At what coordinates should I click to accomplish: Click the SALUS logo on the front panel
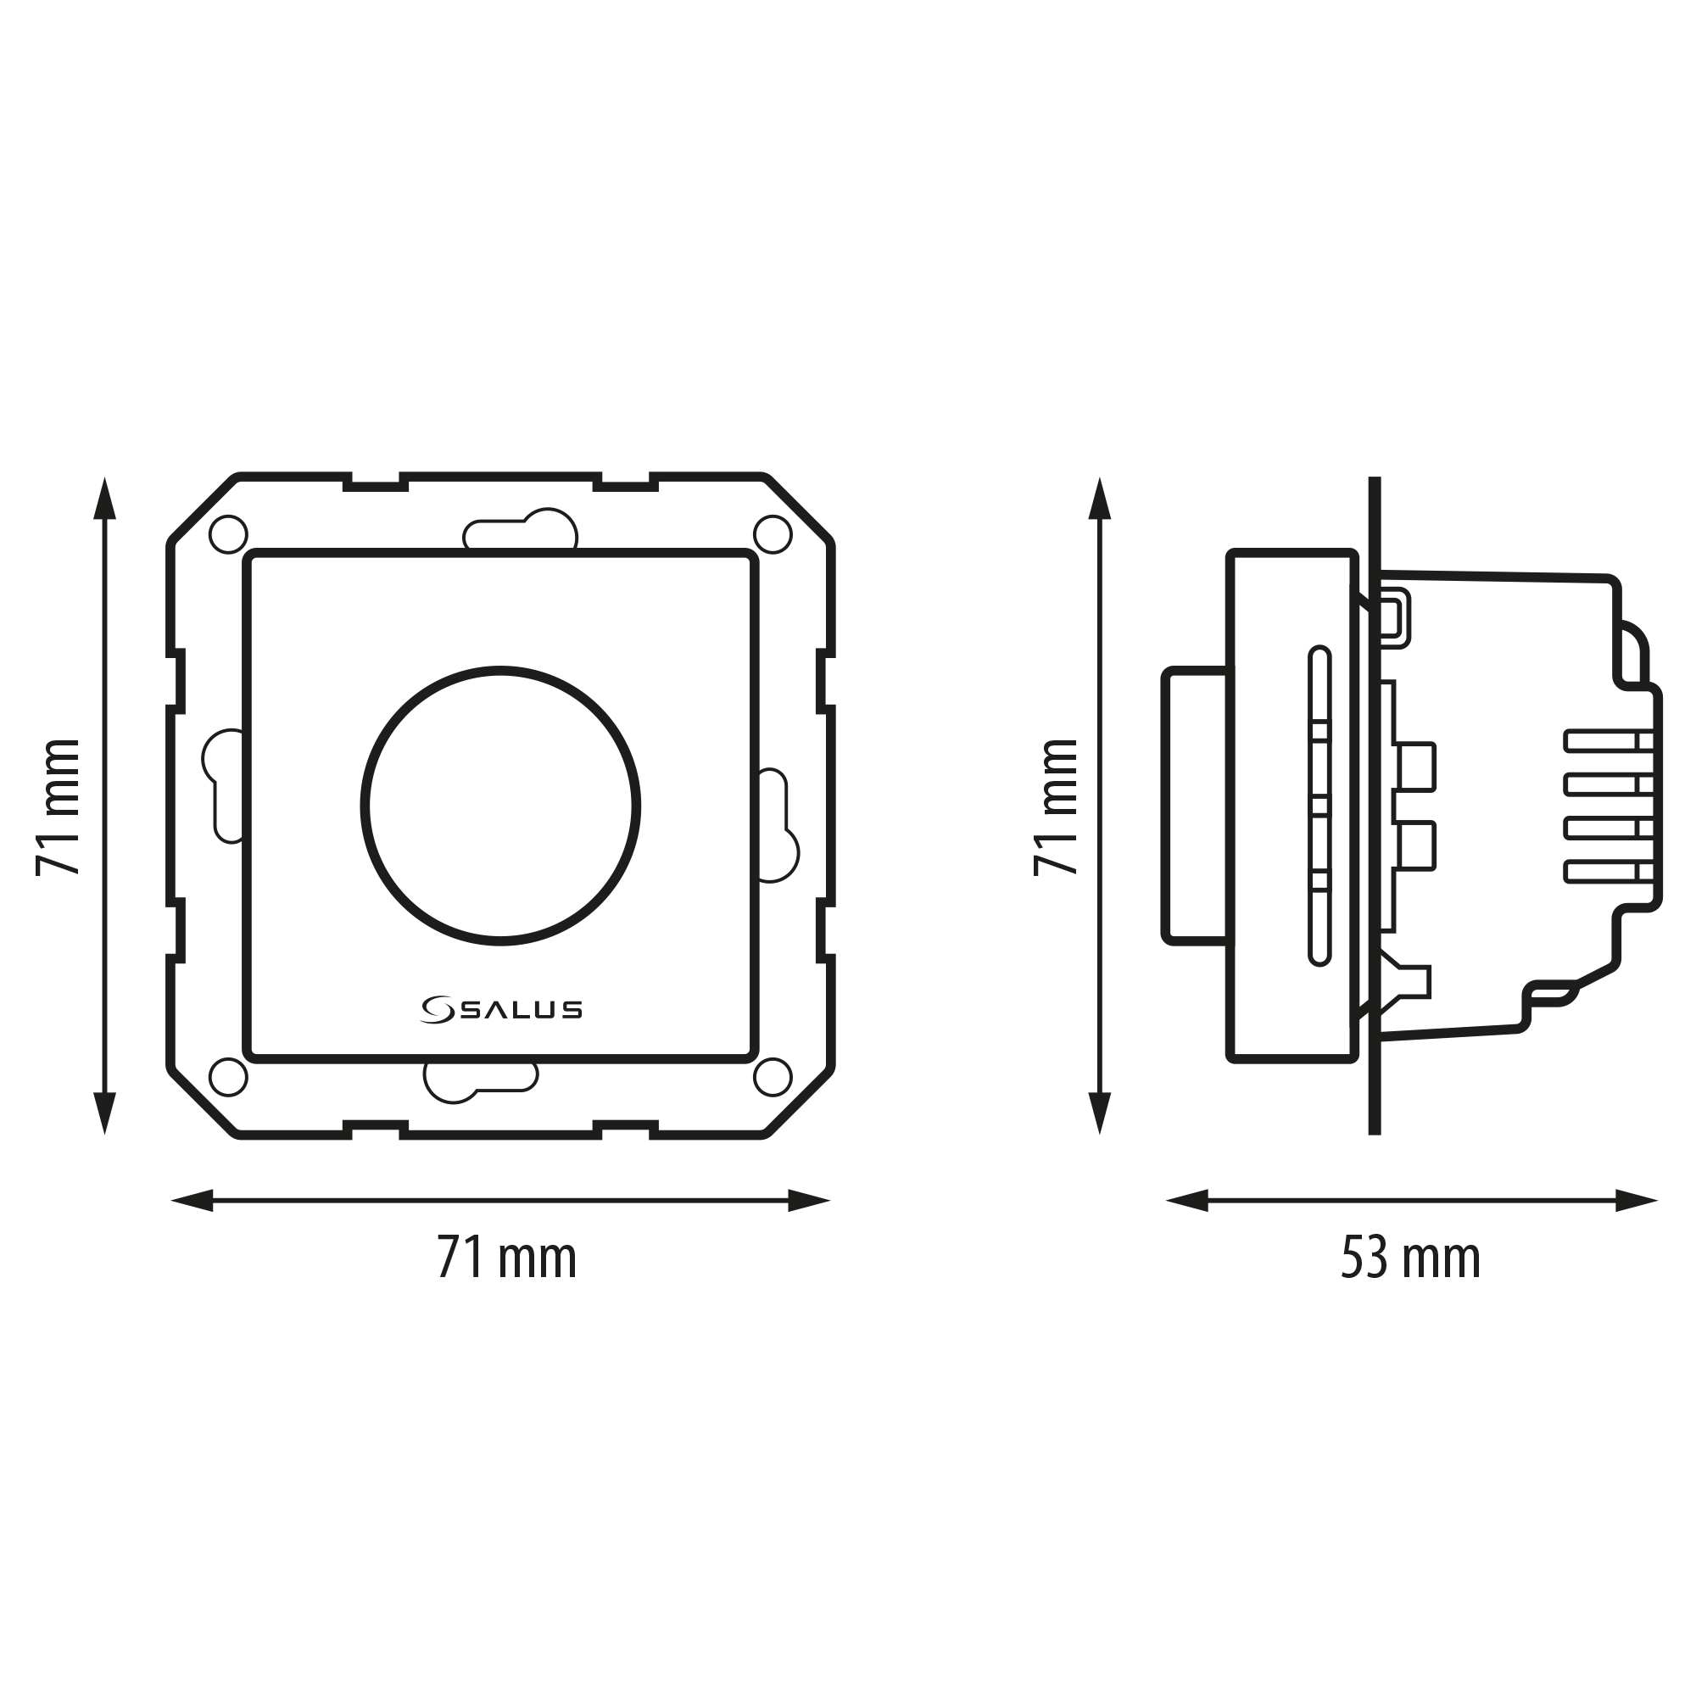[501, 1011]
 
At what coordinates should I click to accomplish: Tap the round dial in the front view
[500, 806]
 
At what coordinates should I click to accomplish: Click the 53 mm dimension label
[1411, 1258]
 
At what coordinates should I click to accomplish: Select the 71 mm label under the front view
[506, 1258]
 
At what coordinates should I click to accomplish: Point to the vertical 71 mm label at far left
[58, 806]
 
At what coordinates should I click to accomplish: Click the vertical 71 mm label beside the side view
[1055, 806]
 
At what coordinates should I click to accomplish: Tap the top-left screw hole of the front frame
[228, 534]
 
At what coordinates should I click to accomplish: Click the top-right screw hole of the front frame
[773, 534]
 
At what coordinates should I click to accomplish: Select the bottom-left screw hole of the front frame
[228, 1077]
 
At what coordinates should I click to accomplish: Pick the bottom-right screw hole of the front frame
[773, 1077]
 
